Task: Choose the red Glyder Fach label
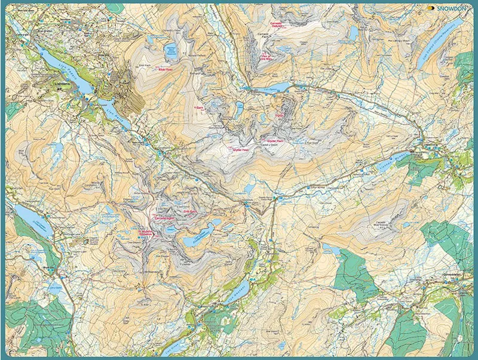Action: pyautogui.click(x=274, y=141)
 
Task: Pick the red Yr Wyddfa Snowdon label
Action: pyautogui.click(x=146, y=233)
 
